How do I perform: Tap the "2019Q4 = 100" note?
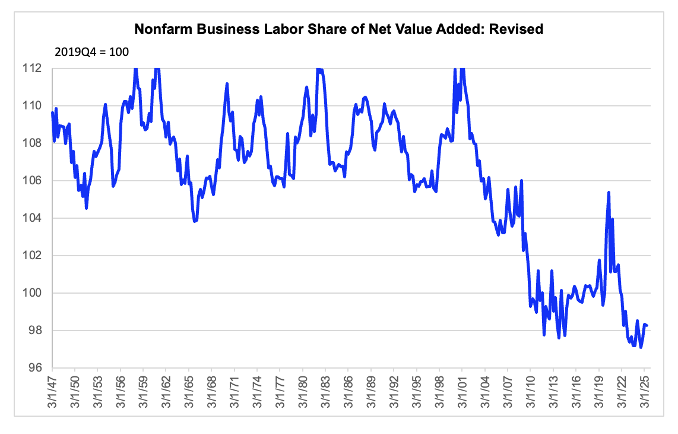(91, 52)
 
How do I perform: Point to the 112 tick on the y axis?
(32, 68)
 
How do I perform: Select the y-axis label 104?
(32, 218)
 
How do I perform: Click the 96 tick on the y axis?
(35, 368)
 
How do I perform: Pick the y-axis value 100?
(32, 293)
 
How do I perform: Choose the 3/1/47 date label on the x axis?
(52, 392)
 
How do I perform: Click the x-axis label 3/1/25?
(644, 392)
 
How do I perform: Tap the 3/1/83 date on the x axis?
(325, 392)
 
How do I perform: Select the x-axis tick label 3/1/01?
(462, 392)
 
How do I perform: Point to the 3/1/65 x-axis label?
(189, 392)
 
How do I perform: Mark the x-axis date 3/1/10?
(531, 392)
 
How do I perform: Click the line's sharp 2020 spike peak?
(609, 192)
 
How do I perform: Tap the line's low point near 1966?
(195, 221)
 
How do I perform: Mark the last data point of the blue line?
(647, 325)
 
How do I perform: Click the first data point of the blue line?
(52, 112)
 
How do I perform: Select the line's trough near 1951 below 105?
(87, 208)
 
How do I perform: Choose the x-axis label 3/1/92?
(394, 392)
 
